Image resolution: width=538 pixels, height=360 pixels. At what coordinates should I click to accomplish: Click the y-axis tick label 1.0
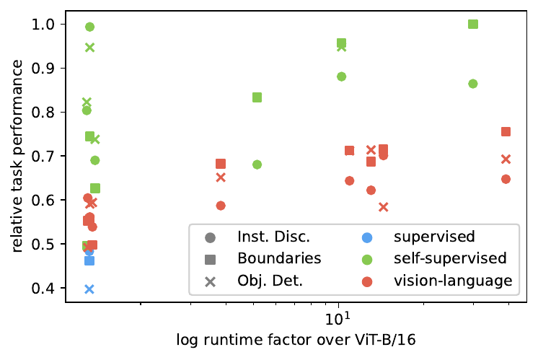[48, 24]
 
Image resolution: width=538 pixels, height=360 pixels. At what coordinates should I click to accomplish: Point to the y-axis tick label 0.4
[48, 289]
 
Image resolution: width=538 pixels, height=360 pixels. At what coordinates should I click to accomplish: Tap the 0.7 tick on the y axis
[48, 156]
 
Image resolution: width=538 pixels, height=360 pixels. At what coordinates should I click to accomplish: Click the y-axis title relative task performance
[14, 156]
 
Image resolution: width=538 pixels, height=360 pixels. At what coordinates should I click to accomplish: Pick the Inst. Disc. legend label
[272, 236]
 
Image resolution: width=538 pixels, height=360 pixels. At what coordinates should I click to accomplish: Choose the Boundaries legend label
[278, 258]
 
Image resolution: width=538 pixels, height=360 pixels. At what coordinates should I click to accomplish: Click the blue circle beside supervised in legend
[368, 236]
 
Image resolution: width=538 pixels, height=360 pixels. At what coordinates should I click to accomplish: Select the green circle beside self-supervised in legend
[368, 258]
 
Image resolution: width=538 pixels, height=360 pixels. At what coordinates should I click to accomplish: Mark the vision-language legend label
[453, 280]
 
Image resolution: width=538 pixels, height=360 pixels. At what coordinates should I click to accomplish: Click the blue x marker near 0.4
[89, 289]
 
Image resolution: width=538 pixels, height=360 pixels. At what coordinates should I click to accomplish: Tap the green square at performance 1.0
[473, 24]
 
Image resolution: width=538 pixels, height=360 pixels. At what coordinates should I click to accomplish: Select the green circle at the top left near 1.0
[90, 27]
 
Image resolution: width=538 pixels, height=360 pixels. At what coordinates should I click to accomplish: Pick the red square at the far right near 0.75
[506, 131]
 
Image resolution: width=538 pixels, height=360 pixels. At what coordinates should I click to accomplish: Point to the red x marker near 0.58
[383, 207]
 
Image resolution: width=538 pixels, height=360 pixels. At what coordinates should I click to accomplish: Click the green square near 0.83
[257, 97]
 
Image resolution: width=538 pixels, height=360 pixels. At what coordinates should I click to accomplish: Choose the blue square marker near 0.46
[89, 260]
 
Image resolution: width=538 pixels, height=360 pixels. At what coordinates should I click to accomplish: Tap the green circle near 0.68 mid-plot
[257, 164]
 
